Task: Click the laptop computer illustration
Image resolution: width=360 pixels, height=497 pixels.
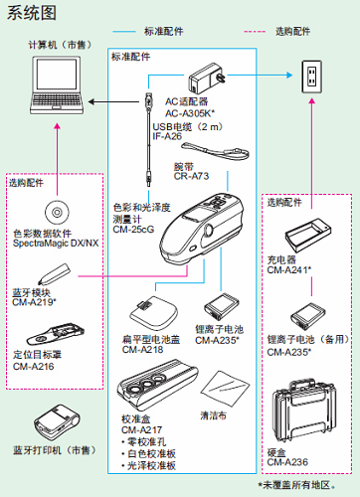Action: (x=57, y=85)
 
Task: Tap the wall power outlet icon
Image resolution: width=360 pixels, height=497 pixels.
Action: (x=311, y=77)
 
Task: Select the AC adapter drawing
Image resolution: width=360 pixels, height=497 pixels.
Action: (x=207, y=79)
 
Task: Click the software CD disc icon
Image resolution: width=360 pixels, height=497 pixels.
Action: (x=57, y=212)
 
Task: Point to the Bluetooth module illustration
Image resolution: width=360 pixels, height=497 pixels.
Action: (x=54, y=274)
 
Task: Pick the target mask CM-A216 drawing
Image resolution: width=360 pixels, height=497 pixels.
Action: (x=56, y=334)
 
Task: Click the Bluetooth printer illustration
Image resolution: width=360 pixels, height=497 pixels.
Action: (x=57, y=421)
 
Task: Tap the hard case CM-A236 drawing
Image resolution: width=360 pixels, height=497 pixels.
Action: (x=304, y=414)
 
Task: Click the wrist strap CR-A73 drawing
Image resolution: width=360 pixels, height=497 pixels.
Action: (x=216, y=152)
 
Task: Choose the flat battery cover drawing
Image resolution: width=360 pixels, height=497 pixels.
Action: (x=153, y=312)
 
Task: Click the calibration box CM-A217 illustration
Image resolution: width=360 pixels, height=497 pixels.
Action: (x=157, y=385)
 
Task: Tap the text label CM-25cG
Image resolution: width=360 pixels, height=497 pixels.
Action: (x=133, y=230)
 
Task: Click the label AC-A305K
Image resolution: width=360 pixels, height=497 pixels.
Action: (x=190, y=113)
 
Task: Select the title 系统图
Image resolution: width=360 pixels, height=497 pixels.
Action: (x=32, y=13)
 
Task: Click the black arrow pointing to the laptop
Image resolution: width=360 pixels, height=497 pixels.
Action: (x=113, y=101)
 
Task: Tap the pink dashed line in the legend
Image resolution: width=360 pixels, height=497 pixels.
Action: (x=255, y=32)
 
